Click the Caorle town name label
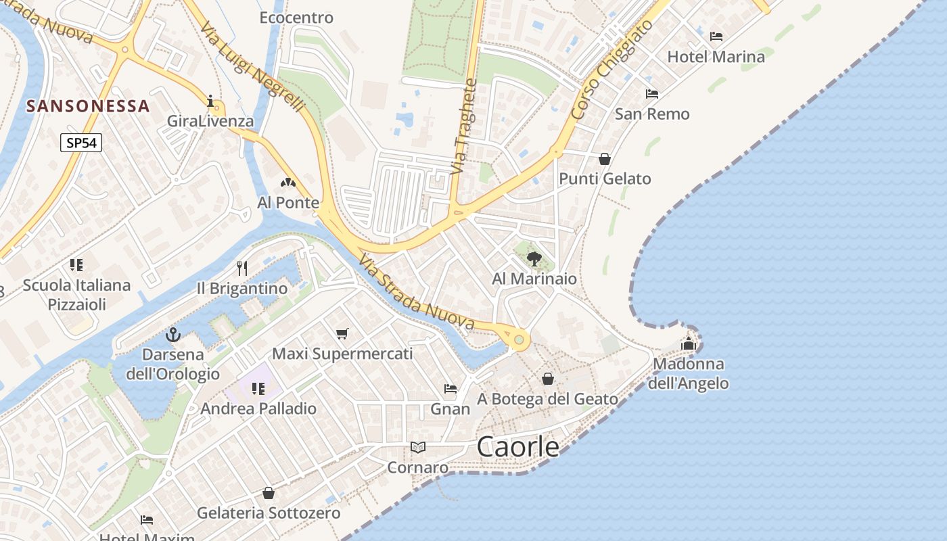518,447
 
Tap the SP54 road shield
80,143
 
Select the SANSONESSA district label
88,106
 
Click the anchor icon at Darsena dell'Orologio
173,335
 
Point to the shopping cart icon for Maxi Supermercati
342,333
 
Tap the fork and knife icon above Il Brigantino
242,268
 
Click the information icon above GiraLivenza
211,102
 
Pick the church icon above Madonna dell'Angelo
689,344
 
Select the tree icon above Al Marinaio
534,258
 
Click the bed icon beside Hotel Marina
716,37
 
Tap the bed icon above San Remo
652,94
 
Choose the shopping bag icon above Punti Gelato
605,159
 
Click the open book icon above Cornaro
418,447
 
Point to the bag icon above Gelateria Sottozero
269,493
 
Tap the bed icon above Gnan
451,389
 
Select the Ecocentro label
296,18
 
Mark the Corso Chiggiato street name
611,70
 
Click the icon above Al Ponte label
288,183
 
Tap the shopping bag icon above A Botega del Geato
548,379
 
